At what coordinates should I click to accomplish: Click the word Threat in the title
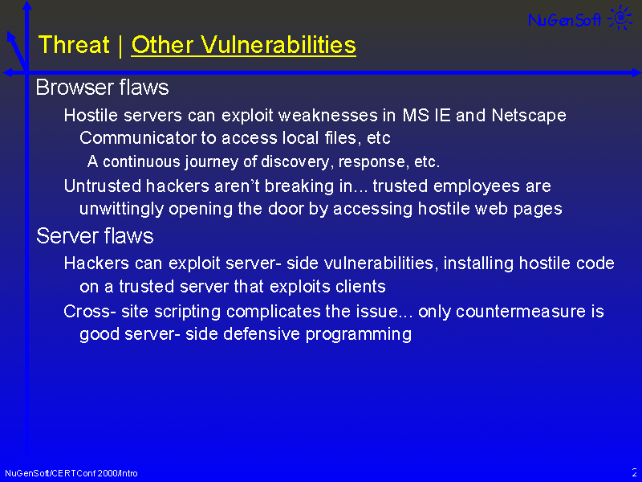(74, 44)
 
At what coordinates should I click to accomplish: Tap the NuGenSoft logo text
(565, 19)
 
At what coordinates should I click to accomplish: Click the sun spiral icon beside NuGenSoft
(620, 17)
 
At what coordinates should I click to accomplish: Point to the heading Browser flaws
(102, 88)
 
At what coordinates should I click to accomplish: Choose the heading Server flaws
(95, 236)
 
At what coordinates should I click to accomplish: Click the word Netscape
(529, 116)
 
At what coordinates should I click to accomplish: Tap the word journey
(211, 162)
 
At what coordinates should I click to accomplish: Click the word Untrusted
(102, 186)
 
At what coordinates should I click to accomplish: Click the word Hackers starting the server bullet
(96, 263)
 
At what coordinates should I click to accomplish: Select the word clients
(360, 287)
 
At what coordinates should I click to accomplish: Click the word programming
(358, 334)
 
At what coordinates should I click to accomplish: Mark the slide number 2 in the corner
(634, 472)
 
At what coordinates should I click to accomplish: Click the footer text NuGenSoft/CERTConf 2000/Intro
(71, 473)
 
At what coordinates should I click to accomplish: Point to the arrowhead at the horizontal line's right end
(636, 73)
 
